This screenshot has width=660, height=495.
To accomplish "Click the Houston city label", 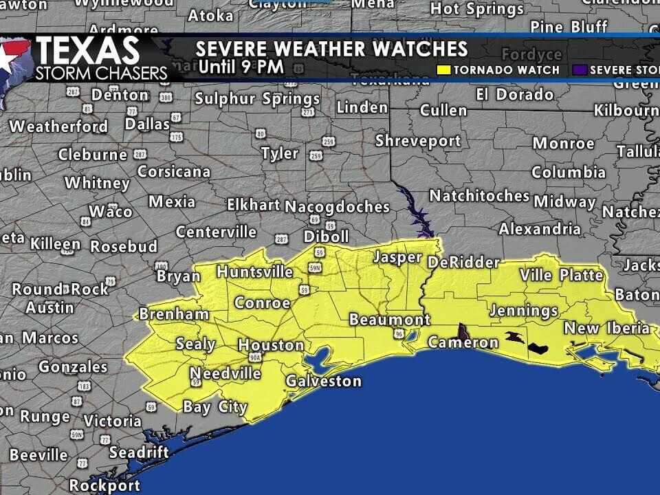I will (271, 345).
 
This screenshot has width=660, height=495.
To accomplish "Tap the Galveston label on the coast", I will (323, 381).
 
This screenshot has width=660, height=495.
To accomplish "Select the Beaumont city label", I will (389, 320).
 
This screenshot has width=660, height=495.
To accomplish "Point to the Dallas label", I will (147, 124).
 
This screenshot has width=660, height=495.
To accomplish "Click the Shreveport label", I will (417, 141).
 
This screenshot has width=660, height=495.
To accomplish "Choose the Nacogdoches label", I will (337, 206).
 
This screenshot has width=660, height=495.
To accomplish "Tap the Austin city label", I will (49, 307).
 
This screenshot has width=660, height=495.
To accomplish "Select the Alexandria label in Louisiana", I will (539, 229).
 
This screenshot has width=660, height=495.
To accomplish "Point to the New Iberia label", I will (606, 328).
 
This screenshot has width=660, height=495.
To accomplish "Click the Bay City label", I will (214, 407).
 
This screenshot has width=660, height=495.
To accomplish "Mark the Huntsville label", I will (254, 272).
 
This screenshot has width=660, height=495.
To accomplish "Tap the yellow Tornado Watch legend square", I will (445, 70).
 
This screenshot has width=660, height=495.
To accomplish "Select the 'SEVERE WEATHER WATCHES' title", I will (331, 49).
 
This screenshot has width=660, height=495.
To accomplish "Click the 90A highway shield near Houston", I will (255, 358).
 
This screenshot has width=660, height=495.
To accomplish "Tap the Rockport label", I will (104, 485).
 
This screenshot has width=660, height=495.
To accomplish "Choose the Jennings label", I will (523, 311).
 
